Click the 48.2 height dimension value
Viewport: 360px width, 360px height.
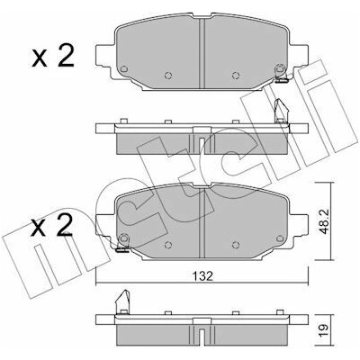pos(323,221)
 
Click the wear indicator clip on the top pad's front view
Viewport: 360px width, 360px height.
pos(282,80)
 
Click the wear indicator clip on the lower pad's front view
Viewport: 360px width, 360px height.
pos(122,248)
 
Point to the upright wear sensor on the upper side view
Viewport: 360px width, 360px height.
pos(281,111)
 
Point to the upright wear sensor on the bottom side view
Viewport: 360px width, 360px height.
pos(122,301)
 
